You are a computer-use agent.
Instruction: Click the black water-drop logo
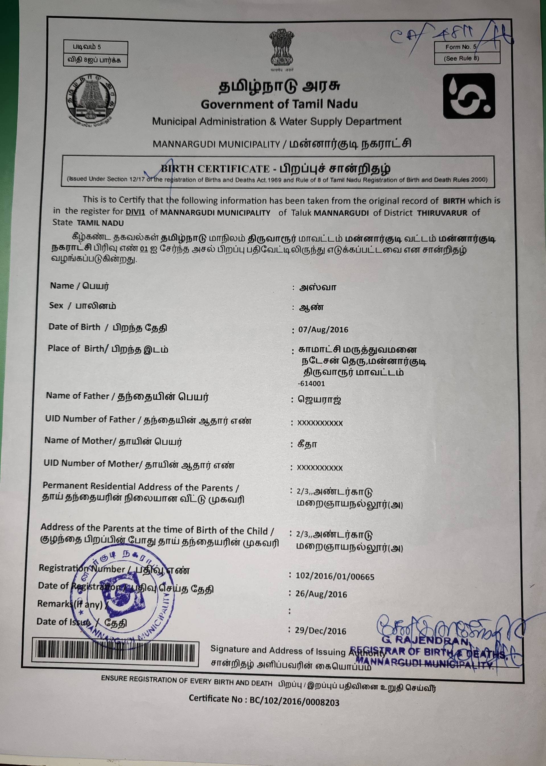(469, 96)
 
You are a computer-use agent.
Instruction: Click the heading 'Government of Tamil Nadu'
(279, 104)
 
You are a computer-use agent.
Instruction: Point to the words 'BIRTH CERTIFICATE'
(215, 169)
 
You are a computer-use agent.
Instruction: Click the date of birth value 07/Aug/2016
(323, 330)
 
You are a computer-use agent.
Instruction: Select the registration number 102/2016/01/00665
(335, 577)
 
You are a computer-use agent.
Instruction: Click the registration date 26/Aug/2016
(321, 594)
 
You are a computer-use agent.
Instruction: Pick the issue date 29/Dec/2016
(320, 631)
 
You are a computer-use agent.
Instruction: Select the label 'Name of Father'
(78, 396)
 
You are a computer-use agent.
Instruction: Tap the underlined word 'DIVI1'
(135, 212)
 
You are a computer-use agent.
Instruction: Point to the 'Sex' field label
(56, 305)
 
